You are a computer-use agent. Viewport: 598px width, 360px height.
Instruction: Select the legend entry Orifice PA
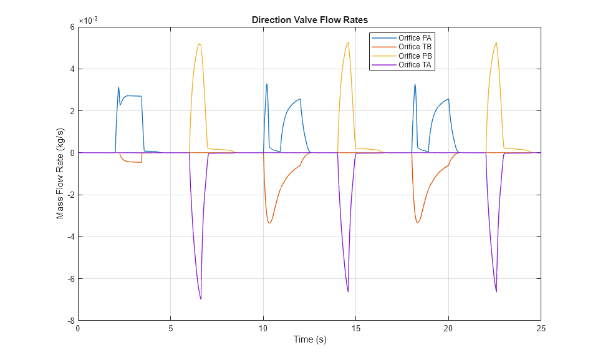(415, 37)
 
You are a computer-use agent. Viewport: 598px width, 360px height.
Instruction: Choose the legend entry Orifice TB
(415, 47)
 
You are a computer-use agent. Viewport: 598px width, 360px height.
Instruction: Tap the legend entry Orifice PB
(415, 56)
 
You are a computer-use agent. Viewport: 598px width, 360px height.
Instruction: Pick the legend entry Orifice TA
(415, 65)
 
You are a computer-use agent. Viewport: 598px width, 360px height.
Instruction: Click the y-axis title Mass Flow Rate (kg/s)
(60, 173)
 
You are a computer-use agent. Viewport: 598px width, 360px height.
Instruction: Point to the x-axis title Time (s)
(310, 340)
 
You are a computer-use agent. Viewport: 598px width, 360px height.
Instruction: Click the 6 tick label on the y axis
(72, 27)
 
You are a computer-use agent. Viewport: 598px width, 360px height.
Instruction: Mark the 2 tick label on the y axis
(72, 111)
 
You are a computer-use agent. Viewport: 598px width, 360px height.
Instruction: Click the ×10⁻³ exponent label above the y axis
(89, 21)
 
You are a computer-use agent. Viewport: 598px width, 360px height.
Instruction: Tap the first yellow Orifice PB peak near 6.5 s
(199, 44)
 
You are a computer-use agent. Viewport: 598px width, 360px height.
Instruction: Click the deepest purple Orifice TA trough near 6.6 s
(201, 299)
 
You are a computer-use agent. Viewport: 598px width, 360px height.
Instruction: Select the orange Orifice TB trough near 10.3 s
(269, 223)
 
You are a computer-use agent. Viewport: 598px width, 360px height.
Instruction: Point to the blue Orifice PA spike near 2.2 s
(118, 87)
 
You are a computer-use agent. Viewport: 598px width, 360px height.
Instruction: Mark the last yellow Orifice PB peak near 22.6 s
(496, 42)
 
